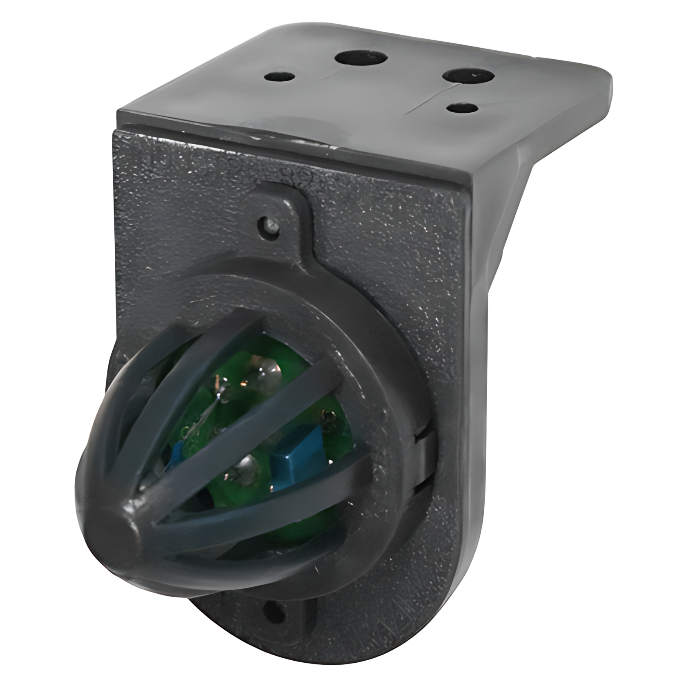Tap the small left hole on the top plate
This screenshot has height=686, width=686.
click(280, 76)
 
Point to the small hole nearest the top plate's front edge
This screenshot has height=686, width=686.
click(463, 108)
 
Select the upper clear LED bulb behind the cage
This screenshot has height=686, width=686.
click(267, 370)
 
